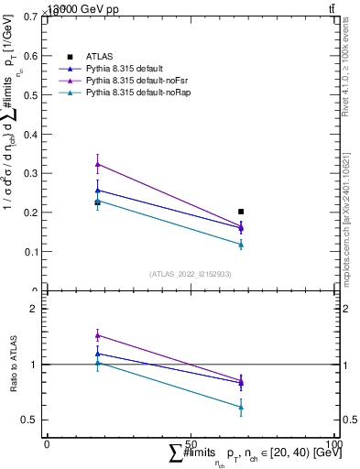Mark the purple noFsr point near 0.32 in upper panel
(x=97, y=164)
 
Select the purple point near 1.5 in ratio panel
(x=97, y=335)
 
